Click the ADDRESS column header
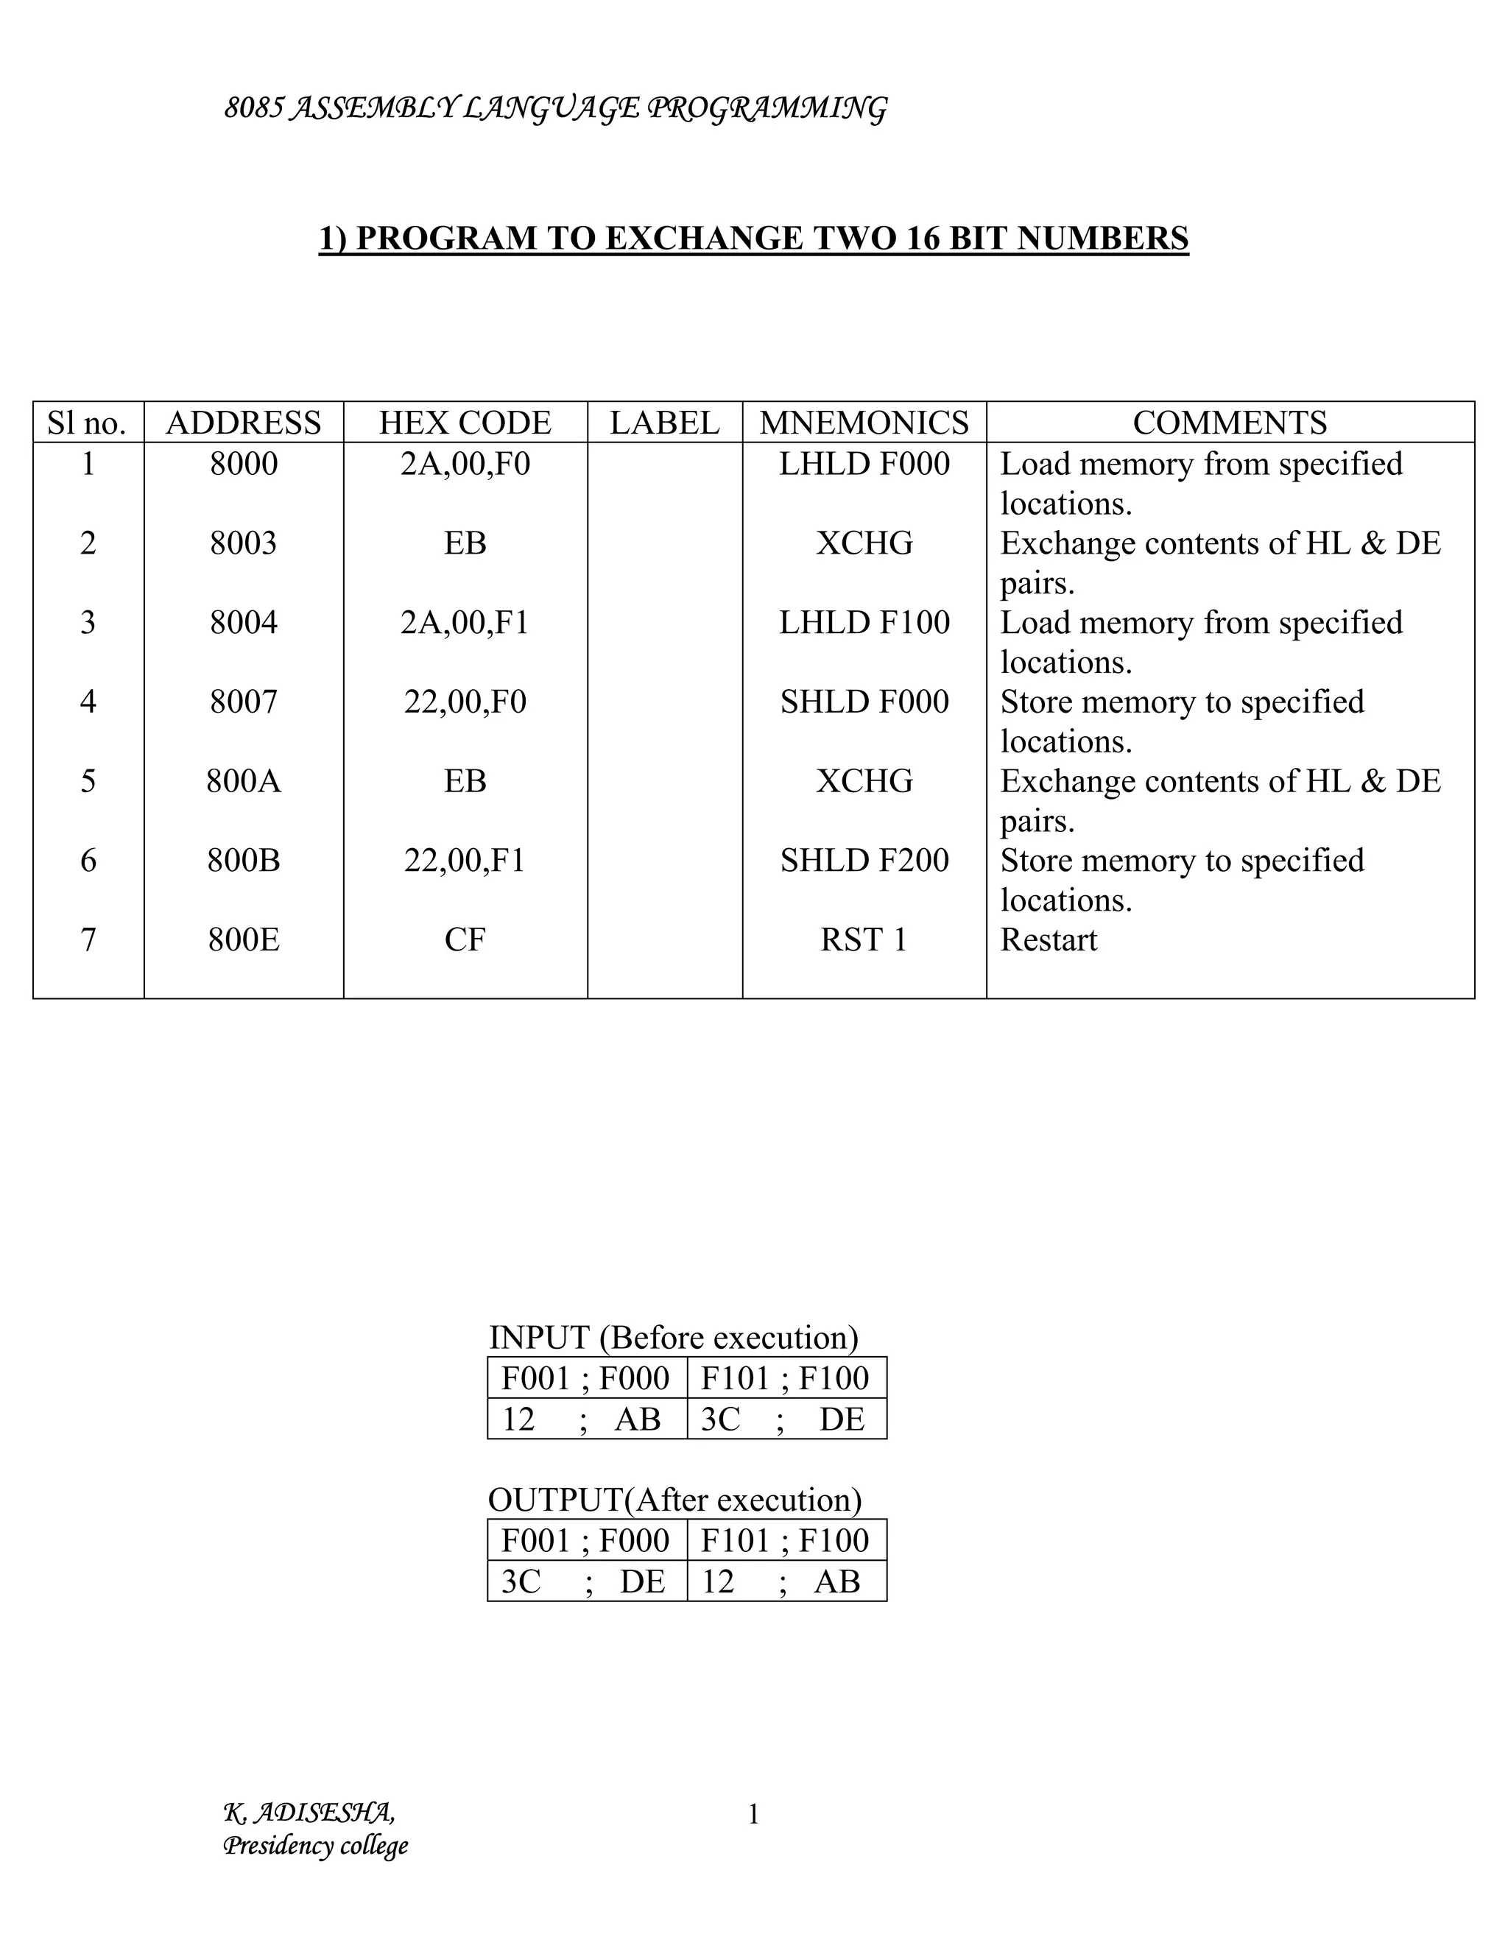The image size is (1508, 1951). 243,423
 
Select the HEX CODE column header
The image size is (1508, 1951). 465,423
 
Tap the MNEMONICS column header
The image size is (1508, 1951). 864,423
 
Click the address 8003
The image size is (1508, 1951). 243,543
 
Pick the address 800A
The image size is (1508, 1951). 243,782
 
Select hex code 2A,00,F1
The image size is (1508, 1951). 465,623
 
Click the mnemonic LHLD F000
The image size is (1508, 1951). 864,465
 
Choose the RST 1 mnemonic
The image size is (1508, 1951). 864,939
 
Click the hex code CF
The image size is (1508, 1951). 465,939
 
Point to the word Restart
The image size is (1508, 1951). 1048,939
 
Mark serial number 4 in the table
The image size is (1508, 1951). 88,702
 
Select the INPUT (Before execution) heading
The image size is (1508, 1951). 674,1337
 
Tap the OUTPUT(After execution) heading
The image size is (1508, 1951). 674,1500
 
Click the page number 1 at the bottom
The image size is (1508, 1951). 753,1814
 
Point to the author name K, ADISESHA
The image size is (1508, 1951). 309,1813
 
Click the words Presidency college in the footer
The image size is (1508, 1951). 315,1846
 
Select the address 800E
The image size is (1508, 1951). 243,939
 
